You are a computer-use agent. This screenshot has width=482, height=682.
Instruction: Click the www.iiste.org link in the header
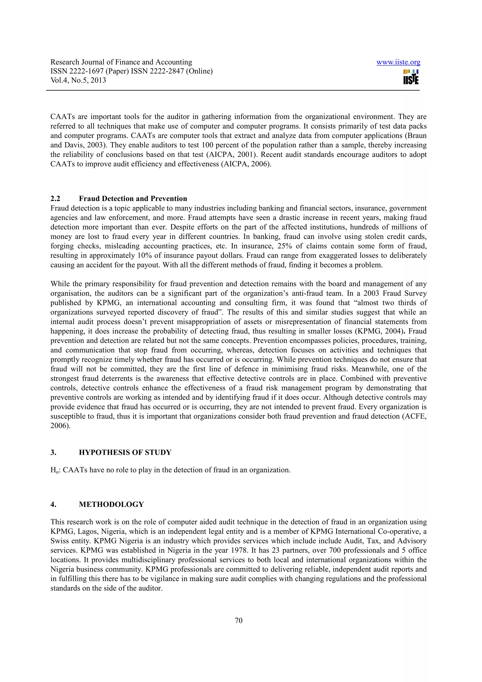pyautogui.click(x=398, y=62)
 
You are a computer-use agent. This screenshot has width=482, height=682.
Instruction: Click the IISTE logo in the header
pyautogui.click(x=411, y=77)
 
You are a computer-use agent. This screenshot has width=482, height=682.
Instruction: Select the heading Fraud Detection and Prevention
pyautogui.click(x=133, y=199)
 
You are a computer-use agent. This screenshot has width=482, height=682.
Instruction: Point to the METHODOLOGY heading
pyautogui.click(x=111, y=504)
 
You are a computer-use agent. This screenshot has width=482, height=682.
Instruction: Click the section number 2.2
pyautogui.click(x=55, y=199)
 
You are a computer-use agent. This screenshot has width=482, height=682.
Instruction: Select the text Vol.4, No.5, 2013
pyautogui.click(x=78, y=80)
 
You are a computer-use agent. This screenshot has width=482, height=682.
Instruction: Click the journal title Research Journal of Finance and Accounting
pyautogui.click(x=121, y=62)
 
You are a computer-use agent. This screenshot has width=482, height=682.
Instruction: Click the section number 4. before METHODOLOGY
pyautogui.click(x=53, y=504)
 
